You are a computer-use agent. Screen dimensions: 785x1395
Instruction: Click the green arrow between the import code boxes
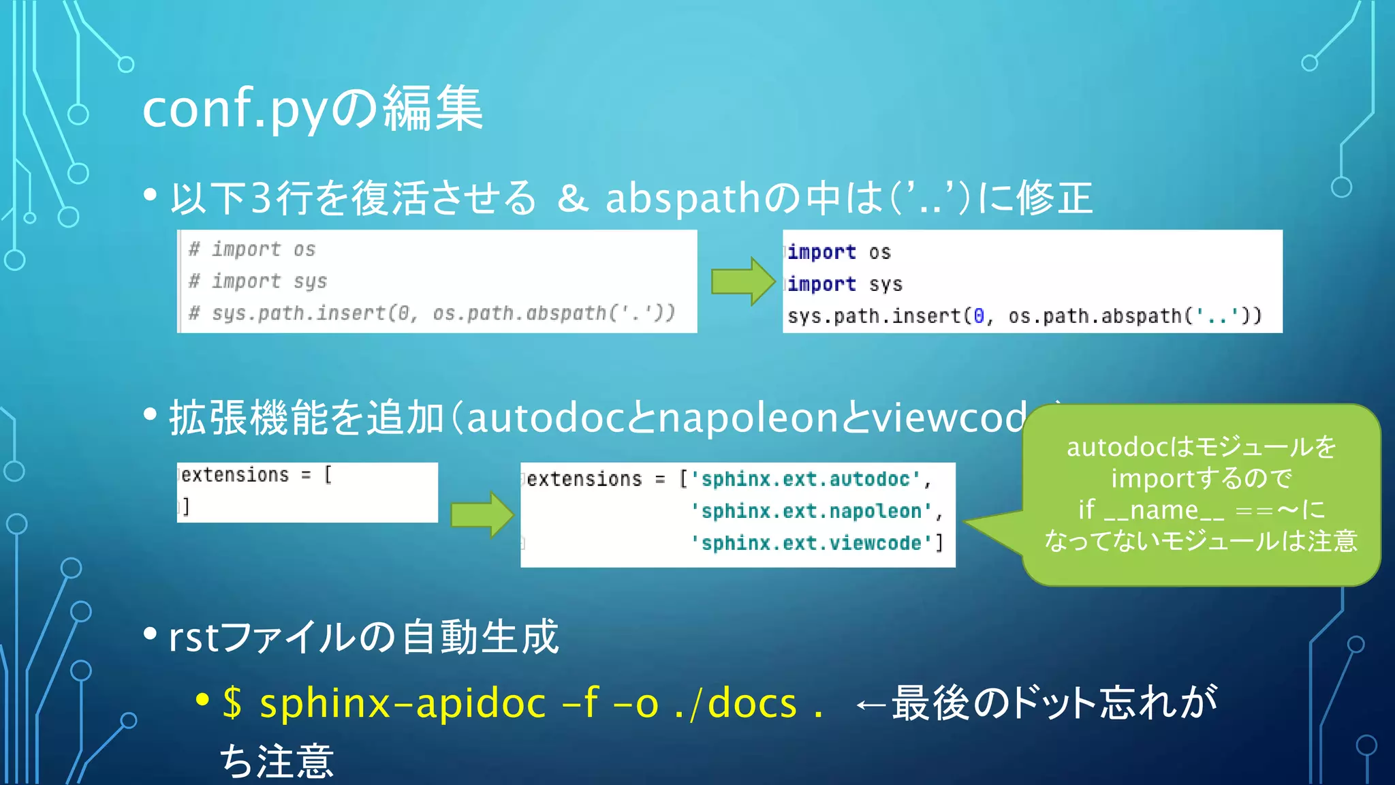742,281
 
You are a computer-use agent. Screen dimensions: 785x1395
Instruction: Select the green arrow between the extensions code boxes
482,514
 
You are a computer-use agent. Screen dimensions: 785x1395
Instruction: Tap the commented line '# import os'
252,249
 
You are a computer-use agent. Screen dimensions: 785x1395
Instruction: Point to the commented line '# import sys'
257,281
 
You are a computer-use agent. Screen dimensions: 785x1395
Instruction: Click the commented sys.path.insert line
432,313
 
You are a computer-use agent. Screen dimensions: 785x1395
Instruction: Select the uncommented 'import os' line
838,252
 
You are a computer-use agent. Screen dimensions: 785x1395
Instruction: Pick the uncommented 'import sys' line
845,283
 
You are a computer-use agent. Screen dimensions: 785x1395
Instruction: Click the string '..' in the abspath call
1216,315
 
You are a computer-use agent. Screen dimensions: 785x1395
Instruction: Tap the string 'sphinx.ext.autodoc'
805,479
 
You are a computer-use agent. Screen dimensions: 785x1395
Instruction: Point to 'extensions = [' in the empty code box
256,475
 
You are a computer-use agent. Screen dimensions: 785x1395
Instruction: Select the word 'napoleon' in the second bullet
748,418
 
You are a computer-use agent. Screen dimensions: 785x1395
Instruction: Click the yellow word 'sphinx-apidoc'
403,703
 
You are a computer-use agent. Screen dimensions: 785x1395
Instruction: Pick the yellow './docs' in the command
736,703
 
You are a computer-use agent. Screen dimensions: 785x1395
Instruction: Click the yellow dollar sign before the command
232,703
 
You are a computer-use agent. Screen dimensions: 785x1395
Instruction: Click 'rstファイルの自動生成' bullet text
364,637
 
